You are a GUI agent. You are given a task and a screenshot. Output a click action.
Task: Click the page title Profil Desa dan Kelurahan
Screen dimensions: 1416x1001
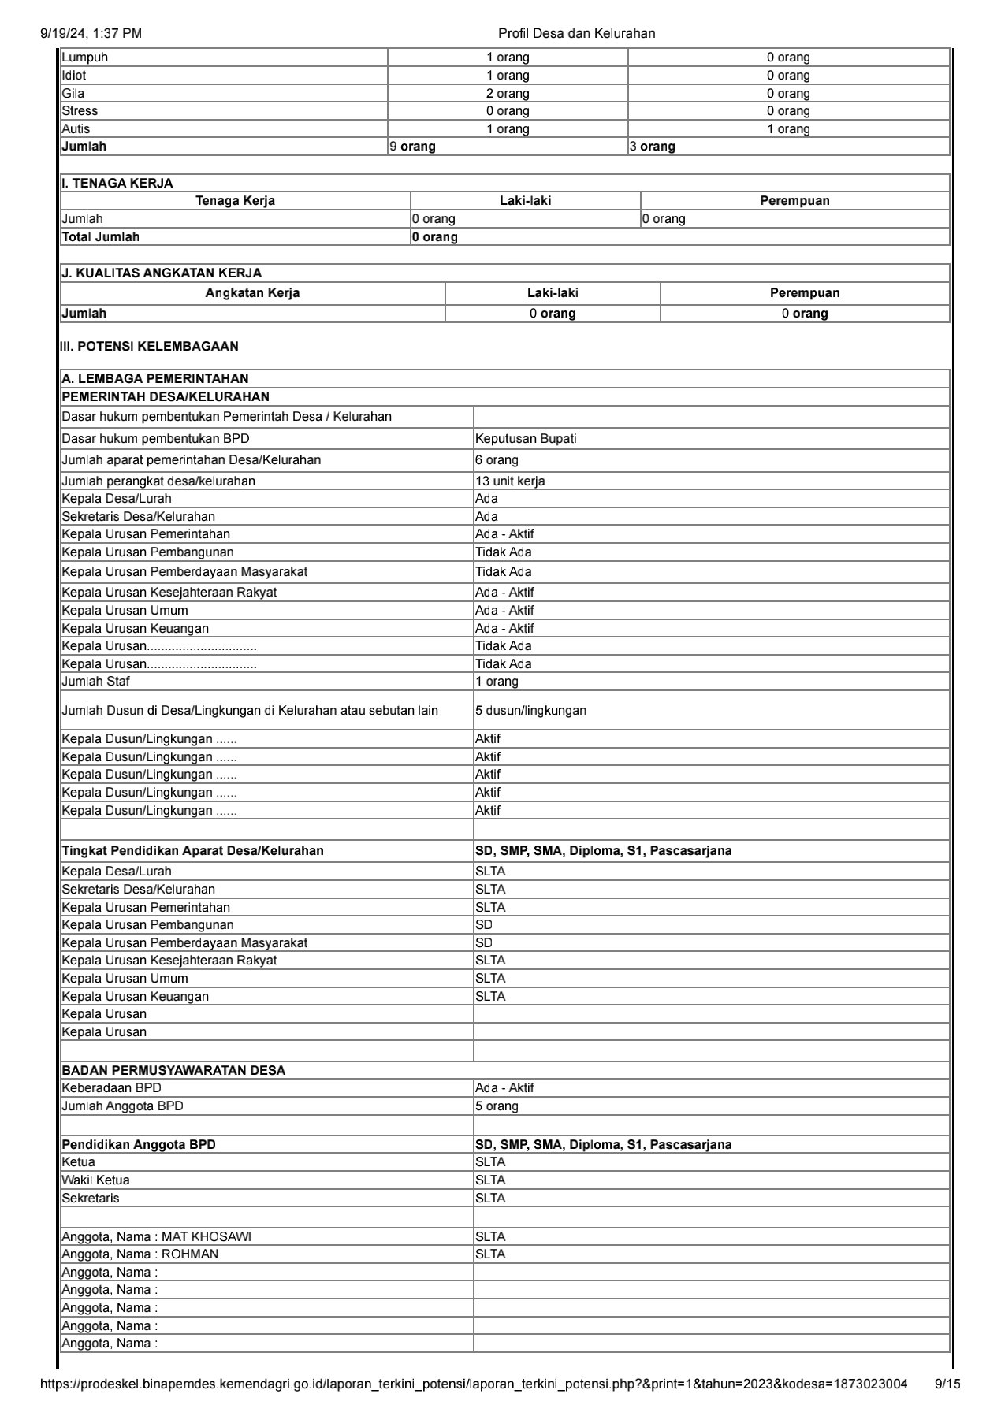click(576, 33)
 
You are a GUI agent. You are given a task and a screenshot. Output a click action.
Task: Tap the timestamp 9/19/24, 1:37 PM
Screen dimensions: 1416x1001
click(91, 33)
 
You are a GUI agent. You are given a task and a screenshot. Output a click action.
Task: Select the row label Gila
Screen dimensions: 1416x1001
click(73, 93)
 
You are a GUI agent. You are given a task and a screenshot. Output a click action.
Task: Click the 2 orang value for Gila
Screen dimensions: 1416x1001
click(508, 93)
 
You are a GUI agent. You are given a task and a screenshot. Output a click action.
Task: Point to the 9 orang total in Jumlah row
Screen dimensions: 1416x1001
click(413, 147)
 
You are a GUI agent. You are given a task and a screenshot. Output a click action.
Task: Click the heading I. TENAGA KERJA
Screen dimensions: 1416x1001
click(117, 183)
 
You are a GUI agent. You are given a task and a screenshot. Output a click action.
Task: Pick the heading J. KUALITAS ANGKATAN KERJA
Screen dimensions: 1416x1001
click(162, 273)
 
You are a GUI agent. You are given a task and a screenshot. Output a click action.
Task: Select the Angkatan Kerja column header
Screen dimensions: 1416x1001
click(252, 293)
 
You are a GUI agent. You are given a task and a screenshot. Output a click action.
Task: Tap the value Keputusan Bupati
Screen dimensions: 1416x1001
click(526, 439)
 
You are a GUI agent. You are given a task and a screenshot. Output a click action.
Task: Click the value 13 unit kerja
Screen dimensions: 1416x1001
click(510, 481)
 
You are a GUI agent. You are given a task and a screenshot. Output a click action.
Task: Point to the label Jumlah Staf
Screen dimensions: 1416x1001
click(96, 682)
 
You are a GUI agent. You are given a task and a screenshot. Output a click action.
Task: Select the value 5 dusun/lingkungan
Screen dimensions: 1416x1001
click(530, 711)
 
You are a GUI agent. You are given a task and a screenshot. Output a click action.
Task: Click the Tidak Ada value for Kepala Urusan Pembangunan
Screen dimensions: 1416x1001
click(503, 552)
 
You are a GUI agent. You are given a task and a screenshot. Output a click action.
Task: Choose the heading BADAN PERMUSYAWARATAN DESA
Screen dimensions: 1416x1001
click(173, 1070)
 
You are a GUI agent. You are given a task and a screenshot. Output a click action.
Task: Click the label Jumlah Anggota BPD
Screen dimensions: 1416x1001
click(122, 1106)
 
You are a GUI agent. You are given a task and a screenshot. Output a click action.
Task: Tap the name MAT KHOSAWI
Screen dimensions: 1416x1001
click(207, 1237)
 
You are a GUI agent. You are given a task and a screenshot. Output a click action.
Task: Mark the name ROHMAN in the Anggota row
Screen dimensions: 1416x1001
click(190, 1254)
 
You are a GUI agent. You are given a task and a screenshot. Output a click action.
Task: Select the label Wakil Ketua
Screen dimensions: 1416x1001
click(95, 1180)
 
